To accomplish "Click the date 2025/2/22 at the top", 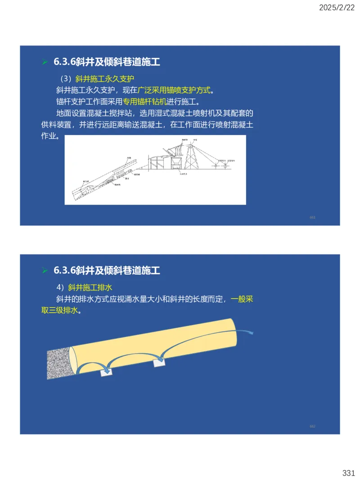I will tap(337, 8).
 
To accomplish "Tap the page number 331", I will tap(349, 473).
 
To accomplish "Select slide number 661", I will tap(312, 217).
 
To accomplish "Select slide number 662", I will tap(312, 426).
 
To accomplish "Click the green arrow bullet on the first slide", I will tap(45, 62).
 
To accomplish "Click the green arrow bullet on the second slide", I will tap(45, 270).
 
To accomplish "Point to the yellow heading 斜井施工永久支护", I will tap(105, 78).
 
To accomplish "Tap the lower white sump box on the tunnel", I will tap(107, 372).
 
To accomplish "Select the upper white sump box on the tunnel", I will tap(160, 362).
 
